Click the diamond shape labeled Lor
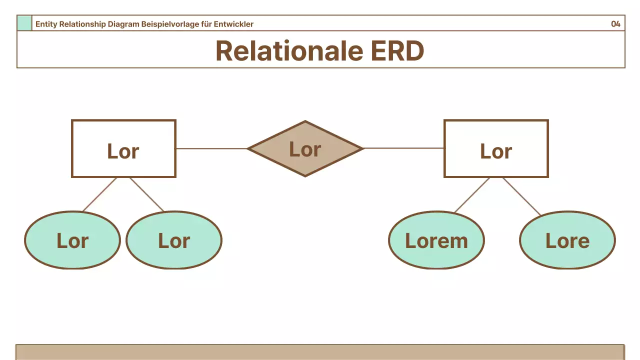(x=305, y=148)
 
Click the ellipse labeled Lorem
(x=436, y=240)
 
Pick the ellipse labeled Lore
(x=567, y=240)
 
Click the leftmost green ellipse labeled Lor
(x=72, y=240)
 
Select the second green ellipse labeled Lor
(x=174, y=240)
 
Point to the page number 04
(x=615, y=24)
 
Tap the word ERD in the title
(x=397, y=50)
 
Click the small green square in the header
(x=24, y=23)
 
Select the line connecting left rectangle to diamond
(x=211, y=148)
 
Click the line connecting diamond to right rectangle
(x=403, y=148)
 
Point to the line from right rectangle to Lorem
(x=472, y=195)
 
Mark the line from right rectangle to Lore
(x=521, y=196)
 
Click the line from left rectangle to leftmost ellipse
(x=99, y=194)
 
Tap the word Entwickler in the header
(x=235, y=24)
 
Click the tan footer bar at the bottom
(x=320, y=352)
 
